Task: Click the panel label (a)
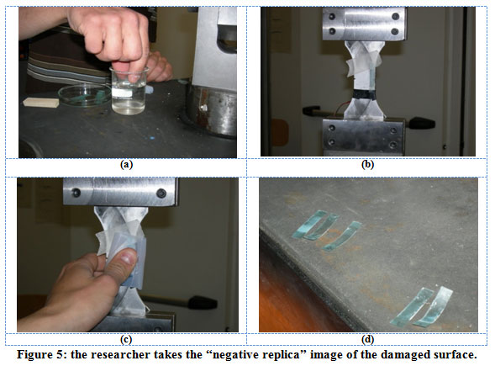[x=127, y=165]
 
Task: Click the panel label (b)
[x=367, y=165]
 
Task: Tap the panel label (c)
[x=126, y=339]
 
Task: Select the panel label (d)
[x=368, y=339]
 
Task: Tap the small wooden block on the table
[x=41, y=102]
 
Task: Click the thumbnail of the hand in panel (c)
[x=129, y=256]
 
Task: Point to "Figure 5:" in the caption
[x=42, y=355]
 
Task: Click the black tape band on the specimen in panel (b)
[x=363, y=94]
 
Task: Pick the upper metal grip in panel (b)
[x=364, y=24]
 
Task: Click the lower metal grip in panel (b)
[x=364, y=136]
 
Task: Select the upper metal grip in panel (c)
[x=120, y=192]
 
